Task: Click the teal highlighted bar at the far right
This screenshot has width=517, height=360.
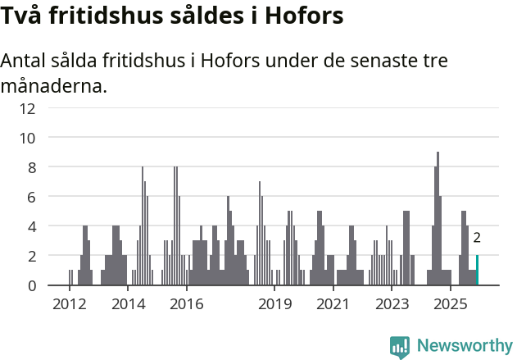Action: pyautogui.click(x=477, y=271)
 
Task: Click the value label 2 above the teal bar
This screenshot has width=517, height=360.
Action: pyautogui.click(x=477, y=238)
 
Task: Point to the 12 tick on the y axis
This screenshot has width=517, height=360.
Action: pyautogui.click(x=27, y=108)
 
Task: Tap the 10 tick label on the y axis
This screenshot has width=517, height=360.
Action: pyautogui.click(x=27, y=138)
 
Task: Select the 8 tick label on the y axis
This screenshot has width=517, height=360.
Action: pyautogui.click(x=31, y=167)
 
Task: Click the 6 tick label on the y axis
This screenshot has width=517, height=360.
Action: pyautogui.click(x=31, y=197)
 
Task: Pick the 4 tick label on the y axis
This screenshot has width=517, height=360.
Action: pyautogui.click(x=31, y=226)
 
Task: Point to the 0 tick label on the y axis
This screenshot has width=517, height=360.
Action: pyautogui.click(x=31, y=285)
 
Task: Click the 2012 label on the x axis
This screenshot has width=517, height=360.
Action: pyautogui.click(x=70, y=304)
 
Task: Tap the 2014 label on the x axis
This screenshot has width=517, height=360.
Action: pyautogui.click(x=128, y=304)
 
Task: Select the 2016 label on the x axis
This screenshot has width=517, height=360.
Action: pyautogui.click(x=187, y=304)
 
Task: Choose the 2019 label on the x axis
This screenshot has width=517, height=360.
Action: pyautogui.click(x=274, y=304)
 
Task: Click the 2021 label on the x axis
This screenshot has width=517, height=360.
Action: pyautogui.click(x=333, y=304)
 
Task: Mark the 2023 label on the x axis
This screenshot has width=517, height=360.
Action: pyautogui.click(x=392, y=304)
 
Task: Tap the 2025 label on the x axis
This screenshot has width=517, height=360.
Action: pyautogui.click(x=450, y=304)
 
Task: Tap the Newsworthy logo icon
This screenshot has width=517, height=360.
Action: pyautogui.click(x=400, y=347)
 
